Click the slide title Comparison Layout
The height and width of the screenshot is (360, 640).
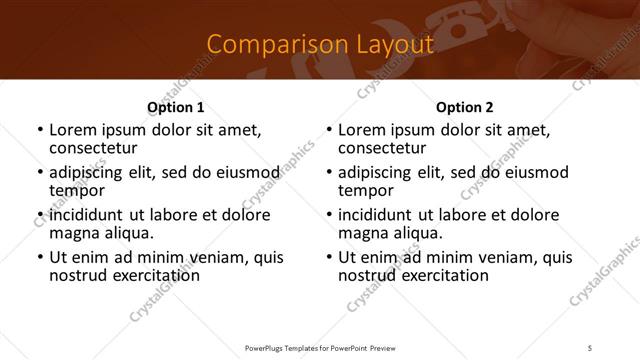click(320, 44)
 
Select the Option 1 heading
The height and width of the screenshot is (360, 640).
click(175, 107)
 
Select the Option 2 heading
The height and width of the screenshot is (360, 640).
click(464, 107)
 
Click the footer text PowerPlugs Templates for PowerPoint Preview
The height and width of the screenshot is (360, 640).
click(319, 347)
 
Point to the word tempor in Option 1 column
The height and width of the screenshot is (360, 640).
click(76, 191)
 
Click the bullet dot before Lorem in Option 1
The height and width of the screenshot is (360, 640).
click(40, 130)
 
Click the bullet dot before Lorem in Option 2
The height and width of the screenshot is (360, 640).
click(329, 130)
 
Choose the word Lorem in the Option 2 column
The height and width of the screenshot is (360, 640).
click(361, 130)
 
